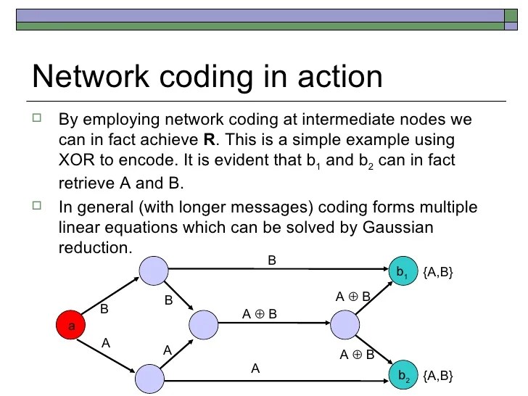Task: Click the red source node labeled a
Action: [71, 326]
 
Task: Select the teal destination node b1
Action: [403, 272]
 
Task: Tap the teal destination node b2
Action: [403, 376]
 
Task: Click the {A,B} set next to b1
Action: [438, 272]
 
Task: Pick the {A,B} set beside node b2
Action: [438, 375]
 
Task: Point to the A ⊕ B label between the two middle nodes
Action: [260, 313]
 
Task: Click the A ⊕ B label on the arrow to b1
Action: [353, 296]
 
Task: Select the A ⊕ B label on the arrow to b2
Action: [358, 355]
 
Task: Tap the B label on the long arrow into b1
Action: [272, 259]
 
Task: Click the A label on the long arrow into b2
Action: [255, 368]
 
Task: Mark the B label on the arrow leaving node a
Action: [104, 308]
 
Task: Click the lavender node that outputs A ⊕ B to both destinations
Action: [345, 323]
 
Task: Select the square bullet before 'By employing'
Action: [38, 117]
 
